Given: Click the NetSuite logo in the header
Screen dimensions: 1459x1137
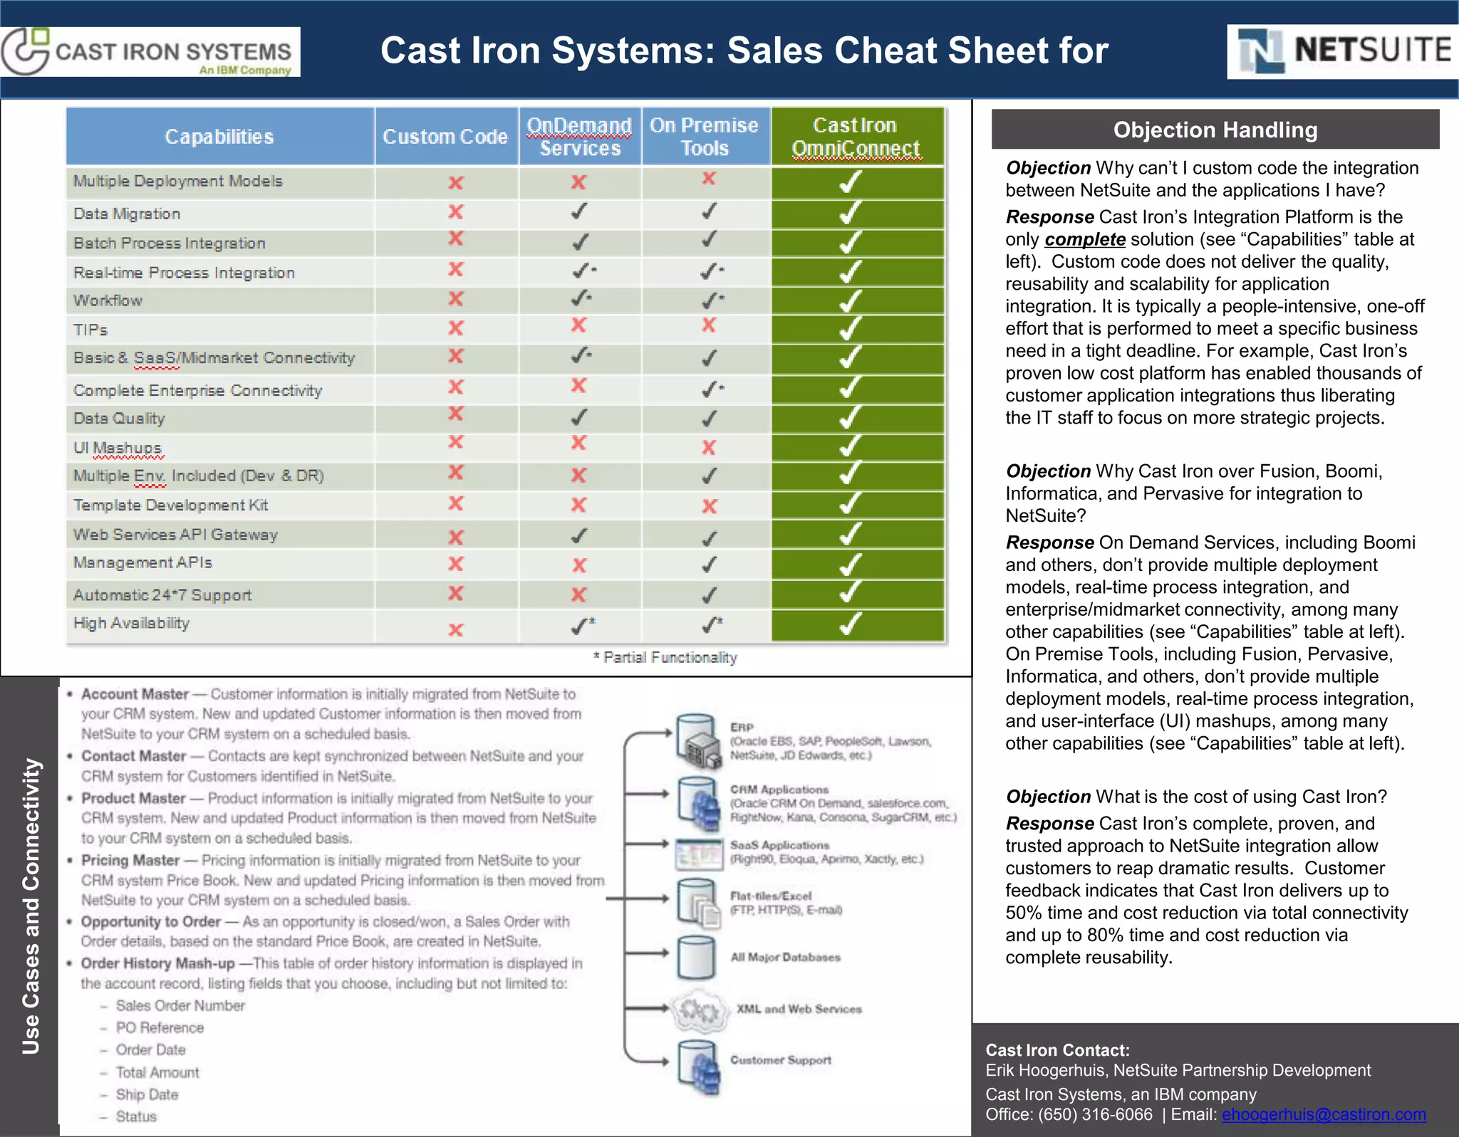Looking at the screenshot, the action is click(1343, 51).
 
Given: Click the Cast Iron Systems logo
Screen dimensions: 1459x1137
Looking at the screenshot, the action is click(150, 51).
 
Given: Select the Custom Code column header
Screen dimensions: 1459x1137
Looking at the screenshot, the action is click(445, 136).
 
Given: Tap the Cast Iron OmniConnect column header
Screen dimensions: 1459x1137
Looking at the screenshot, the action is click(856, 136).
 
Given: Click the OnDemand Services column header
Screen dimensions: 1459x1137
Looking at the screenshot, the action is click(579, 136).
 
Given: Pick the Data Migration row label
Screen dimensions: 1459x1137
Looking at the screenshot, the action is click(127, 214).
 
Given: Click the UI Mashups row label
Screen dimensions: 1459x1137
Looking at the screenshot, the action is click(118, 448).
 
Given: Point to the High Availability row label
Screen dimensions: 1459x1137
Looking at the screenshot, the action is click(131, 623).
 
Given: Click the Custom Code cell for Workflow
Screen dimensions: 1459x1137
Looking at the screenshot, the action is click(456, 299).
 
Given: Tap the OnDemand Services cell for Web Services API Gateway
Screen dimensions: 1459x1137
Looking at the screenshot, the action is click(579, 535).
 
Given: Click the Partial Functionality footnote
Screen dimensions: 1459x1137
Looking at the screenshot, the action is click(665, 657).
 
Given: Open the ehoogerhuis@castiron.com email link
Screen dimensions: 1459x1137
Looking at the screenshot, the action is click(1324, 1114).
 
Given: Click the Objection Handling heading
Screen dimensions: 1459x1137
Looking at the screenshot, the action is click(1215, 130).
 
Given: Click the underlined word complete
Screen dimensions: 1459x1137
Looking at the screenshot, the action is click(1084, 239).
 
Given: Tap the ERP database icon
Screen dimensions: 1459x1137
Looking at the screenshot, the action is click(697, 740).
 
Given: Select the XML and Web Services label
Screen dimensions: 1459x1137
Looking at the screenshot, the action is click(799, 1009).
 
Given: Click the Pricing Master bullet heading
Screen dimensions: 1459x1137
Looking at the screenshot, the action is click(130, 860).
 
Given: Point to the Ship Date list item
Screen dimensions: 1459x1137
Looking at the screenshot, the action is click(147, 1094).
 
